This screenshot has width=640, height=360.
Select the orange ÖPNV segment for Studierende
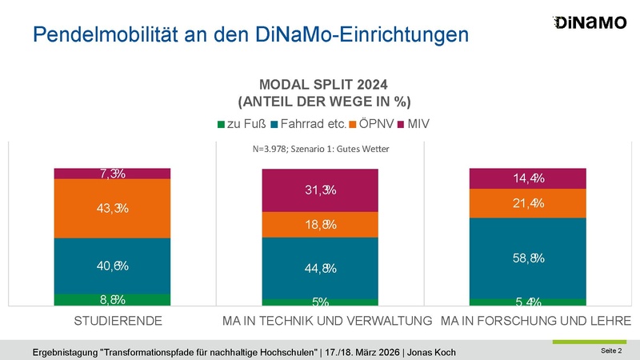click(113, 208)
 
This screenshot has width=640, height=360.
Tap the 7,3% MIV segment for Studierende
click(113, 174)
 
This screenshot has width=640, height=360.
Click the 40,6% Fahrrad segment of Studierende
click(113, 266)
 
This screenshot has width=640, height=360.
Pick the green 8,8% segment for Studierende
click(113, 300)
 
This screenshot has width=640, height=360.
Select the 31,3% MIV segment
click(320, 190)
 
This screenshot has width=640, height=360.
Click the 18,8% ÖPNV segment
click(320, 225)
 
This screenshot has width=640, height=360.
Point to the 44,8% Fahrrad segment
click(320, 268)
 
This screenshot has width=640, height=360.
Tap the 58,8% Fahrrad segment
click(527, 258)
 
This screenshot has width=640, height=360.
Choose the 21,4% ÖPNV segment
click(527, 203)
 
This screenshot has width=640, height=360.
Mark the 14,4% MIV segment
click(527, 178)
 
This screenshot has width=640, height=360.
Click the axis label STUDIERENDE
click(113, 321)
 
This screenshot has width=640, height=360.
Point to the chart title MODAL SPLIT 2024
click(320, 84)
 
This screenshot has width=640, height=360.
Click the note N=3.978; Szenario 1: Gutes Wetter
click(320, 149)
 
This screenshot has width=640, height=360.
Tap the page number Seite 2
click(610, 351)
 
